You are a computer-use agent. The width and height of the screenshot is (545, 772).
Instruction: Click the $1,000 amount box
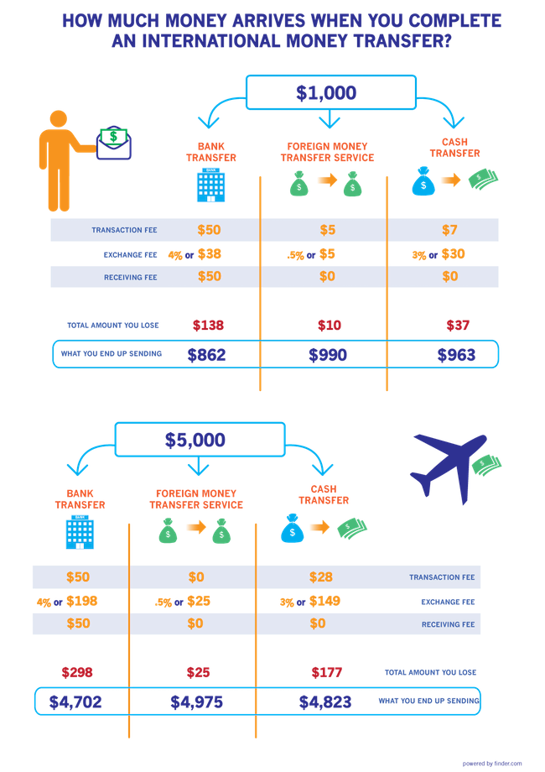coord(330,91)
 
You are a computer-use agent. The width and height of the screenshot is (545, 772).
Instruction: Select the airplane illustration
coord(449,466)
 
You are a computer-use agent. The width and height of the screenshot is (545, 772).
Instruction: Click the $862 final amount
coord(208,355)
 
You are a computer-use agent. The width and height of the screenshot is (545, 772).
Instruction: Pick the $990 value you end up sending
coord(327,355)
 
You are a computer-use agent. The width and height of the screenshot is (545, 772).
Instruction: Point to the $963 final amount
coord(456,355)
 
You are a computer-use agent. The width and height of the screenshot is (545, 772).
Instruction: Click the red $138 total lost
coord(208,325)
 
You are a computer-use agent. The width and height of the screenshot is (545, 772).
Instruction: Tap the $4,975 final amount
coord(197,702)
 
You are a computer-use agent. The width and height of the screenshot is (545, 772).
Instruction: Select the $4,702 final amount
coord(75,702)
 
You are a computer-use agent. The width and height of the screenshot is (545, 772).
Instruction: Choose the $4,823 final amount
coord(325,702)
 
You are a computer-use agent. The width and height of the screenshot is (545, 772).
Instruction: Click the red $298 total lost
coord(77,672)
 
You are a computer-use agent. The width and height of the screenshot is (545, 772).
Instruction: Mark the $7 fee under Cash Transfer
coord(451,230)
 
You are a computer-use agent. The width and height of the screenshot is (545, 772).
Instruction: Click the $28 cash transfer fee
coord(320,577)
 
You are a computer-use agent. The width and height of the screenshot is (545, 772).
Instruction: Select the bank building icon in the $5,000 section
coord(78,532)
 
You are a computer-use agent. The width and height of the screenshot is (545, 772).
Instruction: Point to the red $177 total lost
coord(325,672)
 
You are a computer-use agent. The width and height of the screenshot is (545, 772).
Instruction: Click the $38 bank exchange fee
coord(210,254)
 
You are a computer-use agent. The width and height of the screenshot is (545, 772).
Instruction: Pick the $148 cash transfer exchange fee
coord(324,601)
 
